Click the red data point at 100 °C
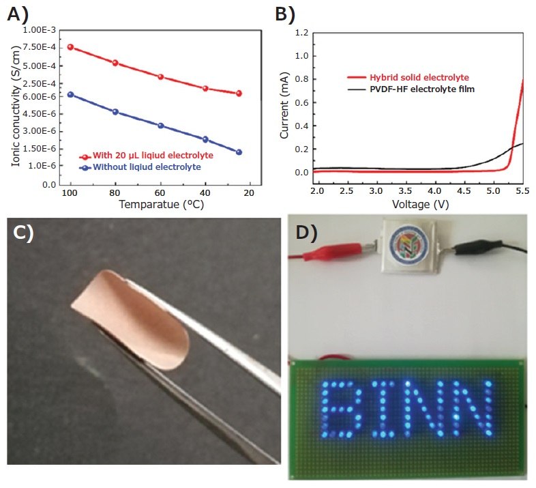coord(70,47)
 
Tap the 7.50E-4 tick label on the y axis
coord(41,47)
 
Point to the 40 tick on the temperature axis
coord(205,192)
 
